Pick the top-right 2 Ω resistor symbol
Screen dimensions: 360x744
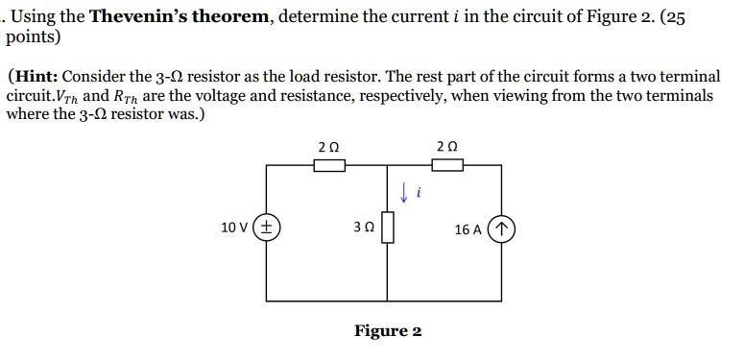tap(446, 165)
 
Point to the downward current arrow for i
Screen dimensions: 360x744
tap(405, 193)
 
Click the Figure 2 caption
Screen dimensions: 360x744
tap(388, 331)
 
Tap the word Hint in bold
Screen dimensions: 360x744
tap(37, 76)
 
